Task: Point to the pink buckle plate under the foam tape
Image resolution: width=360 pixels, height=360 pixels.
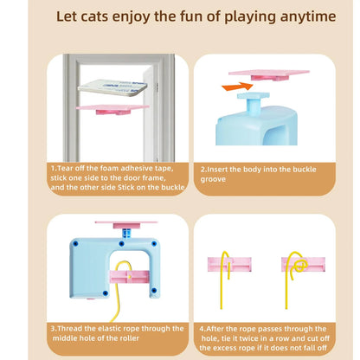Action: (x=112, y=107)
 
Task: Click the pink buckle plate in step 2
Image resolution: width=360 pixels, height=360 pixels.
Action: (x=268, y=75)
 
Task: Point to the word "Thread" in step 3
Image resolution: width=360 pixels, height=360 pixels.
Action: (x=71, y=328)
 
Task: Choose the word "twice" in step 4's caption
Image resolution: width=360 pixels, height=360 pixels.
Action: (x=241, y=339)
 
